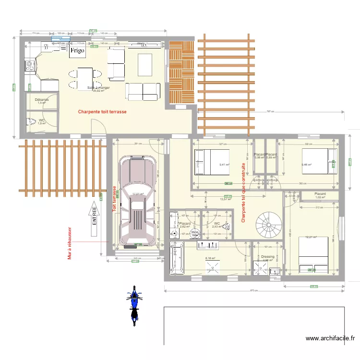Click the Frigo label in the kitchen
[77, 50]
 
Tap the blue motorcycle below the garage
[135, 304]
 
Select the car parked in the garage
[138, 201]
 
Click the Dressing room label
[267, 257]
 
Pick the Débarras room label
[42, 100]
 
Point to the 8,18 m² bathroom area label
[210, 258]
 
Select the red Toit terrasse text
[114, 199]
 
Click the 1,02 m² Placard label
[320, 196]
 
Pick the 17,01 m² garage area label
[138, 194]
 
